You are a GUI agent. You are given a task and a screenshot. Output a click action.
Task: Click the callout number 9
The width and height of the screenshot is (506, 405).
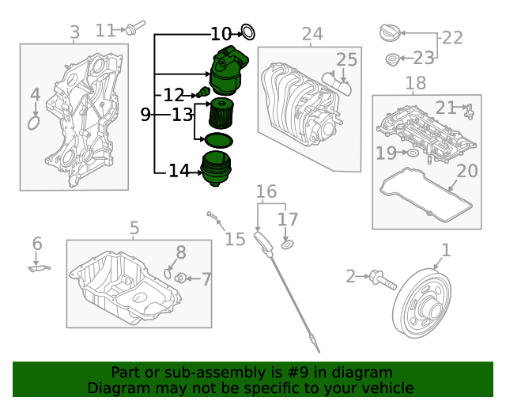tap(145, 115)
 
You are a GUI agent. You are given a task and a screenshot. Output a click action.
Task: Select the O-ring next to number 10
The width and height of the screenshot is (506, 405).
tap(247, 32)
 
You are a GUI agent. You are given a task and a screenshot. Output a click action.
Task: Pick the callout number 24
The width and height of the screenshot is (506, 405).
tap(312, 34)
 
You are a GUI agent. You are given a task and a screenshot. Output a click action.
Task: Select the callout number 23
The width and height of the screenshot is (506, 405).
tap(425, 58)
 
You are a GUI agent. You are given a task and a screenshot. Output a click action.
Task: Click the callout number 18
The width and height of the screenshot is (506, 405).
tap(415, 83)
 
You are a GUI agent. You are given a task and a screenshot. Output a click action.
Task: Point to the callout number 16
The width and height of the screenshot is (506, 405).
tap(266, 192)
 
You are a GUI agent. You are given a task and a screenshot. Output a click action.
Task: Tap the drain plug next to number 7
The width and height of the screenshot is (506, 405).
tap(180, 278)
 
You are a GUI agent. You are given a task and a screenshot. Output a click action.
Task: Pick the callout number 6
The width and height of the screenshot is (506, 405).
tap(37, 244)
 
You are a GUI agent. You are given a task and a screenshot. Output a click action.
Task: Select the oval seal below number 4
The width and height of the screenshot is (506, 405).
tap(34, 123)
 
